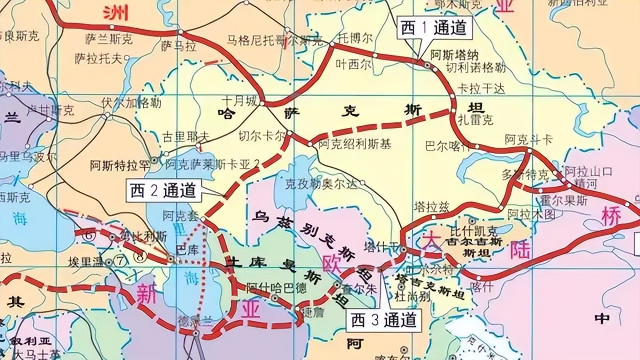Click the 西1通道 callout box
(433, 28)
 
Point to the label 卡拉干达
(481, 88)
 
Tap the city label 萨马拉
(178, 45)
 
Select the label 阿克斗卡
(528, 139)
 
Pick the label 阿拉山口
(587, 171)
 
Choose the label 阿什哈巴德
(265, 287)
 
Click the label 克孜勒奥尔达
(321, 183)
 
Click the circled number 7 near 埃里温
(120, 260)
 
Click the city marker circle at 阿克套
(203, 218)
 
